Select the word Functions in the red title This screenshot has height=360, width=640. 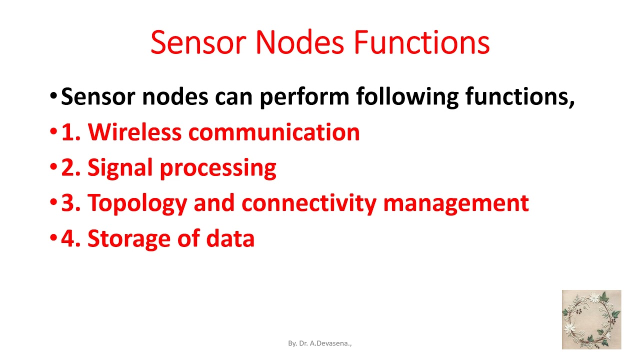tap(421, 43)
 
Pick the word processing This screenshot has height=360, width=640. tap(218, 168)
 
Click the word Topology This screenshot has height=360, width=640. tap(137, 203)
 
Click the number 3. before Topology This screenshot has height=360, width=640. tap(70, 203)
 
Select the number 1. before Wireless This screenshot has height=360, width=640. tap(70, 132)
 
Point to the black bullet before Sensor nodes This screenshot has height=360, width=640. tap(54, 96)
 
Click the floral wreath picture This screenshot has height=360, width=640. tap(591, 319)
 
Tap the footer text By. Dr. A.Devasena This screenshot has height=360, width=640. tap(320, 343)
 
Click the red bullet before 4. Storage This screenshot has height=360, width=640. tap(54, 238)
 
